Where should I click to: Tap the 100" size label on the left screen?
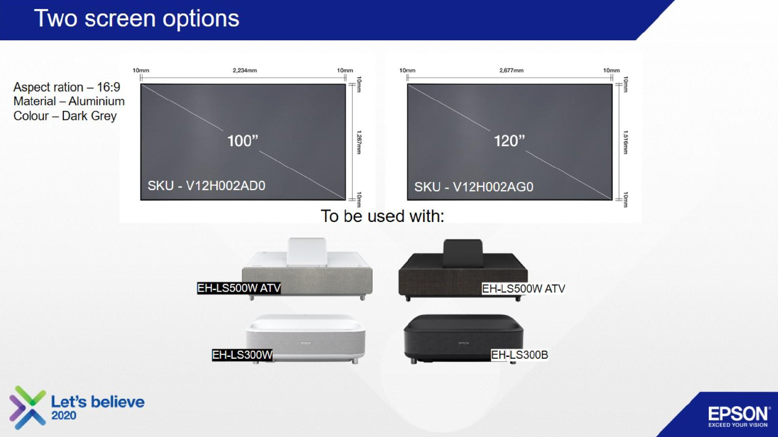[243, 141]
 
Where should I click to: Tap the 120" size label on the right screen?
[509, 141]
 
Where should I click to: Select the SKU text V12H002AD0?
[206, 186]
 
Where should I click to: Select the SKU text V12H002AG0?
[473, 187]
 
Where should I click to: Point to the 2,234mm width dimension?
[245, 71]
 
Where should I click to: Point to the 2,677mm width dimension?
[512, 71]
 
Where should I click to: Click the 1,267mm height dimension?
[359, 142]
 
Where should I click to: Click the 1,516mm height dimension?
[626, 142]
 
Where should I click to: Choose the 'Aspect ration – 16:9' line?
[67, 87]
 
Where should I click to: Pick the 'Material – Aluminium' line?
[69, 102]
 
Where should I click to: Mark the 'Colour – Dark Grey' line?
[65, 116]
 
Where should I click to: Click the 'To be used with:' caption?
[382, 216]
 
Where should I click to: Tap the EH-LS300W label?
[243, 355]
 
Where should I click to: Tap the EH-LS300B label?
[519, 355]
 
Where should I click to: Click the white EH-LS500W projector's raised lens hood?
[306, 252]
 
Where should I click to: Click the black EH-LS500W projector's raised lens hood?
[463, 253]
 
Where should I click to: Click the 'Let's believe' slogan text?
[98, 402]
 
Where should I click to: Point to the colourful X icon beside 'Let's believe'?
[27, 407]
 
